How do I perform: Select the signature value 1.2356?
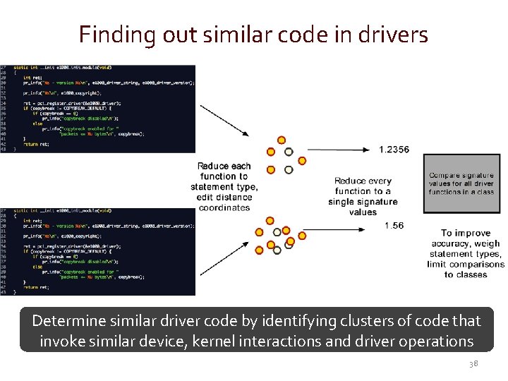pos(394,150)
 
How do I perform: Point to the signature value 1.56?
pos(394,226)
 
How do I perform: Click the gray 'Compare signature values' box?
pos(461,183)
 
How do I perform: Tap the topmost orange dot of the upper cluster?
pos(282,140)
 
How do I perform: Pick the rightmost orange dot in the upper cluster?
pos(302,161)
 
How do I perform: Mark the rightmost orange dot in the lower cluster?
pos(303,234)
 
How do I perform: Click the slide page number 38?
pos(473,363)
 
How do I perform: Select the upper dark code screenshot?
pos(98,108)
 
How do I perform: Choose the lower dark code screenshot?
pos(98,251)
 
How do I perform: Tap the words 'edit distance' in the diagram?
pos(224,197)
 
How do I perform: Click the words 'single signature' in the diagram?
pos(363,202)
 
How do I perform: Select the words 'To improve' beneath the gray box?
pos(466,233)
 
